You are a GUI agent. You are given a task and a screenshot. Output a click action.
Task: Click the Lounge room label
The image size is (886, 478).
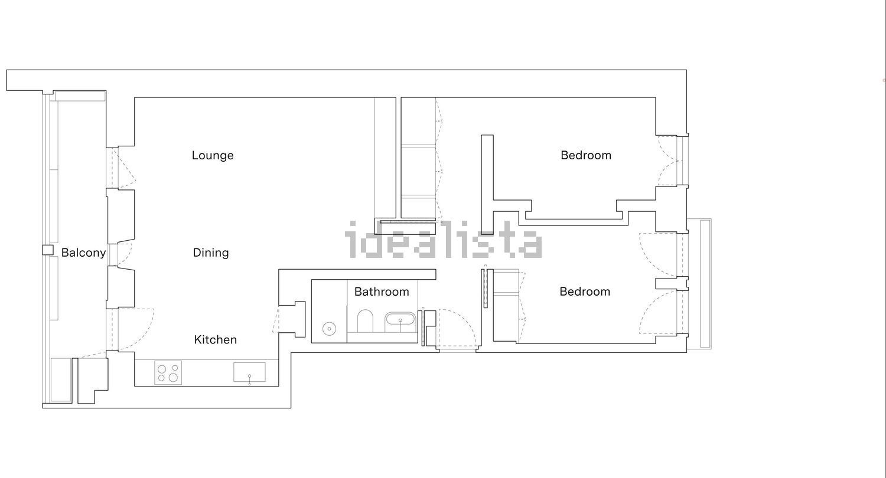213,155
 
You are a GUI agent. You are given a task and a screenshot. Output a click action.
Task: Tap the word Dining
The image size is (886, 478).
211,253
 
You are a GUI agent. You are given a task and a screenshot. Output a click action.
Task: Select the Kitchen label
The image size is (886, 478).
215,339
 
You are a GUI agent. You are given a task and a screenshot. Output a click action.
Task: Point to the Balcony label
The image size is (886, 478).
83,253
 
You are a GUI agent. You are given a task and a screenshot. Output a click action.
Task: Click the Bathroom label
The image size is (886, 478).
382,292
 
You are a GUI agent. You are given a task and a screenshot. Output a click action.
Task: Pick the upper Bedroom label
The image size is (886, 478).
586,155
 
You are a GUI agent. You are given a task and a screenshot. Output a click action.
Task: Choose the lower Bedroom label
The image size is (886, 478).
585,292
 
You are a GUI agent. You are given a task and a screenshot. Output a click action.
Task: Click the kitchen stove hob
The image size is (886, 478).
168,372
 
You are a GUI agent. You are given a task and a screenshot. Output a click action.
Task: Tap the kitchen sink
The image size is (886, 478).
249,372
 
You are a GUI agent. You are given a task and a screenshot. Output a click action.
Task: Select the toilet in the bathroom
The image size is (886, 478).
365,321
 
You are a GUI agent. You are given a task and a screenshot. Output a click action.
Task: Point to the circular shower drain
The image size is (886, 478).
329,329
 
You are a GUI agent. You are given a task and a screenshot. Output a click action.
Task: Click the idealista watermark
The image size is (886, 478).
443,240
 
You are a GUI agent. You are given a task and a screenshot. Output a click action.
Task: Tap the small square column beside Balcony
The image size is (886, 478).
48,250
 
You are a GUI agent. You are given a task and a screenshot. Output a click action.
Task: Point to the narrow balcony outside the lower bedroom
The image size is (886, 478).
699,284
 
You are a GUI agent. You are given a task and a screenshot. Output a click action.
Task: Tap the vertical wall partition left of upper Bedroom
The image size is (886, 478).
487,185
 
